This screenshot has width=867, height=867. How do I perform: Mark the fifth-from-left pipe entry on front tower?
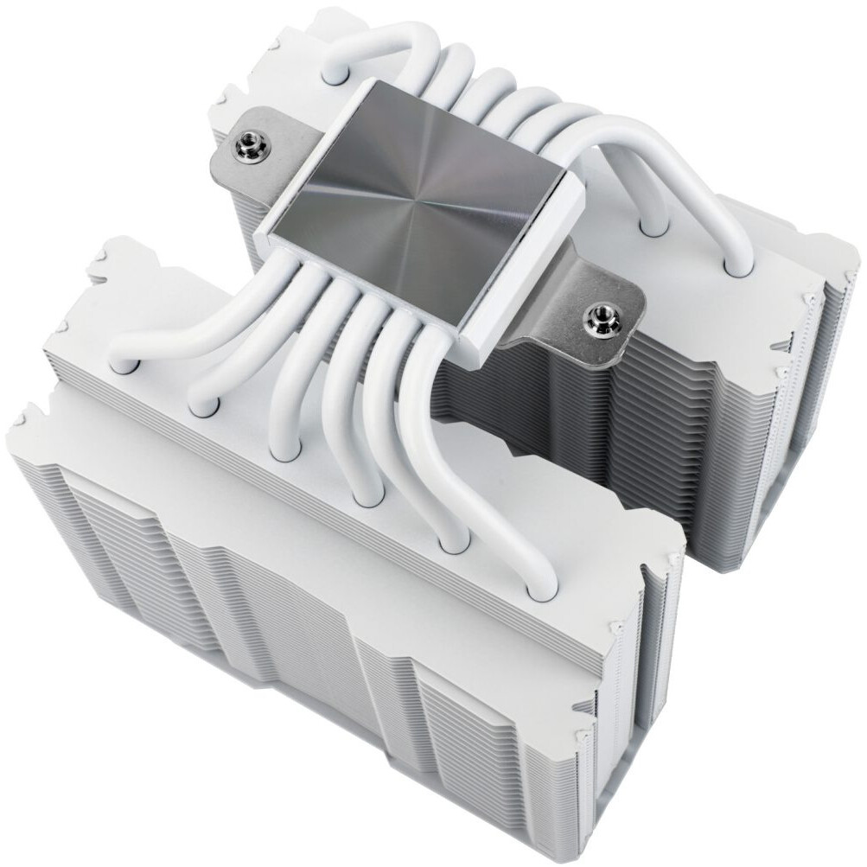click(x=450, y=545)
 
